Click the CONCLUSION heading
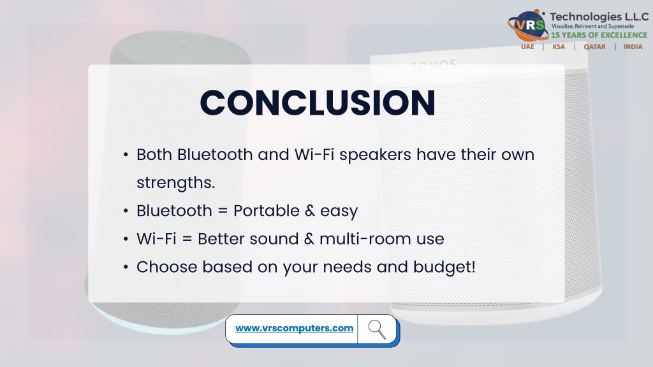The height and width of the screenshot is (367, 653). (318, 103)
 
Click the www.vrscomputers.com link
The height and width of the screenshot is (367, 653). (295, 328)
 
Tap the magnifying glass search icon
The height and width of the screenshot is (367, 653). (377, 329)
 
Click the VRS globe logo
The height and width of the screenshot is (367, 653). (527, 25)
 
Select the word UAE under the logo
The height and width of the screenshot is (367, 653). (527, 47)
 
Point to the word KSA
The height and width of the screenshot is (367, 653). (559, 47)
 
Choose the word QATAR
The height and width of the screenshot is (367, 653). (595, 47)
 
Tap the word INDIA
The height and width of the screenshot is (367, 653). (633, 47)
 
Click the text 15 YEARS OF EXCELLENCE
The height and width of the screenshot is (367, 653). (599, 36)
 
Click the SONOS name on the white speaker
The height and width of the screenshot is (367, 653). (434, 66)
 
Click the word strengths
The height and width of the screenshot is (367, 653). (176, 183)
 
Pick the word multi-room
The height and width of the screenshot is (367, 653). (365, 239)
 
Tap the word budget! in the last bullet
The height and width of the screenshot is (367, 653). (444, 267)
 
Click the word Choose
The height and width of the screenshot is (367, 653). (167, 267)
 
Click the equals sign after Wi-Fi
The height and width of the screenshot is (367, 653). (187, 240)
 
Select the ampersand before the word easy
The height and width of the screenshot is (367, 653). (310, 211)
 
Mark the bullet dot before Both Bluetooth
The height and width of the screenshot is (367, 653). (126, 155)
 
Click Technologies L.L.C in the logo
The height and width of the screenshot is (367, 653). (599, 17)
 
